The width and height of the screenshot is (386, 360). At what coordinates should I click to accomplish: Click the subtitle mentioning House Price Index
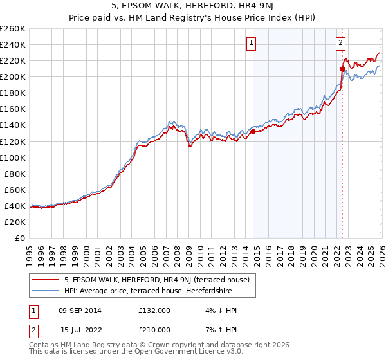tap(192, 19)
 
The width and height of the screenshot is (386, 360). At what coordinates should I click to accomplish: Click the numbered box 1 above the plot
tap(250, 44)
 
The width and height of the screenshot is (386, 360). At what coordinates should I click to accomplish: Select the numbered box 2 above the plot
tap(340, 44)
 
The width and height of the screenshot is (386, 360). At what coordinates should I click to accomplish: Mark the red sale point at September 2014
tap(253, 131)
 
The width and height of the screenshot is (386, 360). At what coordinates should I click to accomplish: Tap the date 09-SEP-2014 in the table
tap(81, 310)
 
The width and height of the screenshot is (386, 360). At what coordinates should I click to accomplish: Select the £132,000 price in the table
tap(154, 310)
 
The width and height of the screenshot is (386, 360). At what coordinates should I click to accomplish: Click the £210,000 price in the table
tap(154, 330)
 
